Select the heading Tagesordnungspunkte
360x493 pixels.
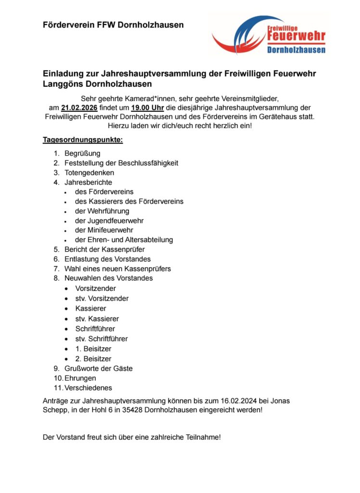(x=82, y=140)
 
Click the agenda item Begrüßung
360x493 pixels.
(x=82, y=154)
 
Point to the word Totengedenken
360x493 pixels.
(x=89, y=172)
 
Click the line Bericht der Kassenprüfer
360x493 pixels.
(x=104, y=249)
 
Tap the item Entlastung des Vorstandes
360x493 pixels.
(x=107, y=259)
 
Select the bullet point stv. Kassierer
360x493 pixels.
(x=97, y=319)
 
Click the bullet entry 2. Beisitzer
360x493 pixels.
(x=93, y=359)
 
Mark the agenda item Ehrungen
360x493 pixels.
(x=80, y=378)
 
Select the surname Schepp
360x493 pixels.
(x=54, y=410)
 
